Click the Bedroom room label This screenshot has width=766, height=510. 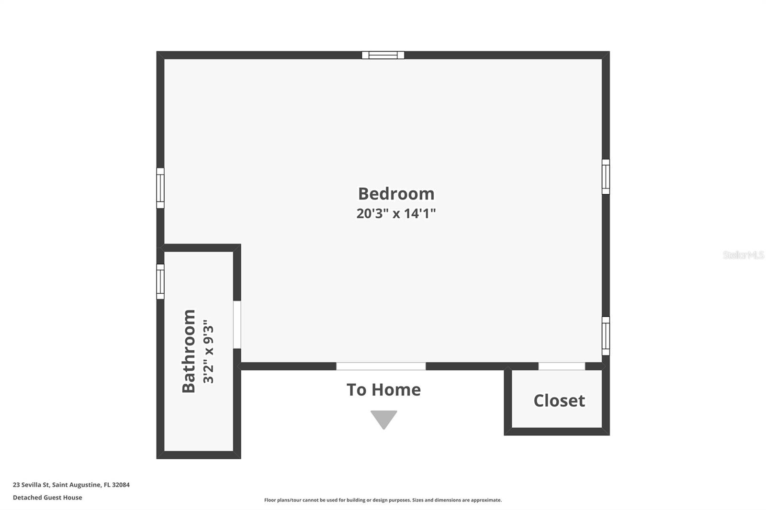tap(396, 194)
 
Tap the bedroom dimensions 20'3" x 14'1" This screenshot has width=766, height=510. tap(396, 213)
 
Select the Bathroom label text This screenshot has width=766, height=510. tap(189, 351)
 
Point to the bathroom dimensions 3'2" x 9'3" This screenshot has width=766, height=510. tap(208, 351)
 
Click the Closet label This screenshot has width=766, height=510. tap(559, 400)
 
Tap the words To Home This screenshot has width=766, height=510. tap(383, 390)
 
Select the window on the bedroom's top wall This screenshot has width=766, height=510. tap(383, 55)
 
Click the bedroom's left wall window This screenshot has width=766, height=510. tap(160, 188)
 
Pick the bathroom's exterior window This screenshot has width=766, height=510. tap(160, 281)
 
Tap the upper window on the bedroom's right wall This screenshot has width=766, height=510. tap(606, 177)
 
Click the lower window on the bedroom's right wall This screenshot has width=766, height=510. tap(606, 336)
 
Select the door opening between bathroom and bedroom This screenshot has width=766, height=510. tap(237, 324)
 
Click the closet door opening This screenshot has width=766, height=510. tap(562, 366)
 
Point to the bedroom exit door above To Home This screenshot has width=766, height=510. tap(381, 366)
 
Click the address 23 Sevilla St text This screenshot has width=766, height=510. tap(31, 485)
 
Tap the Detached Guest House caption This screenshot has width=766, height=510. tap(47, 498)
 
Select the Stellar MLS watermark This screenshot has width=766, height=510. tap(743, 255)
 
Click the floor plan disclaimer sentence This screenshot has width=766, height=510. tap(383, 500)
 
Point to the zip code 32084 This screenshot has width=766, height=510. tap(121, 485)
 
